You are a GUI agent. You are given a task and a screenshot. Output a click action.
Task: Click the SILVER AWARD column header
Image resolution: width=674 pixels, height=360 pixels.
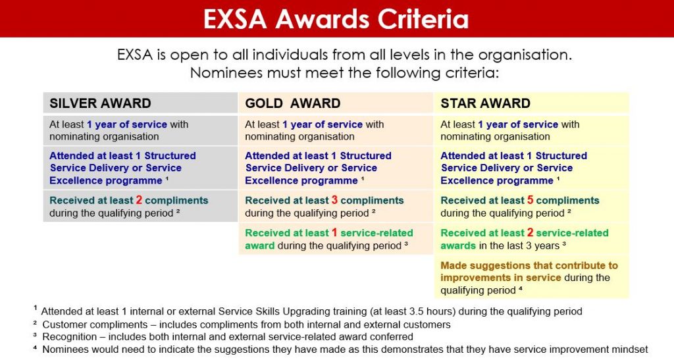[100, 103]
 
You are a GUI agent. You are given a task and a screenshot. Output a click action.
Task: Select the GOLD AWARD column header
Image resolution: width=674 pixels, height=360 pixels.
[292, 103]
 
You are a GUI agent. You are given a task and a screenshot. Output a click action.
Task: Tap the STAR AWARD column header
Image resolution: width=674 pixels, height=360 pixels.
[485, 103]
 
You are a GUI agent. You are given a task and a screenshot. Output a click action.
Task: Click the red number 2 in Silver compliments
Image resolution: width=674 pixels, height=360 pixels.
[139, 200]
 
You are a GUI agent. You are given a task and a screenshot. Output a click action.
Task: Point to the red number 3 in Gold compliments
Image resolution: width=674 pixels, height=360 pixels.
[335, 200]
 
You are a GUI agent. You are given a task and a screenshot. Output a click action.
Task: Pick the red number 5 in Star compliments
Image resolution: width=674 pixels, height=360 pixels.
[531, 200]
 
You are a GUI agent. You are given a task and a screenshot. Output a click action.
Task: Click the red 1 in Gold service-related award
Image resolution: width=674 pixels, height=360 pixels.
[334, 232]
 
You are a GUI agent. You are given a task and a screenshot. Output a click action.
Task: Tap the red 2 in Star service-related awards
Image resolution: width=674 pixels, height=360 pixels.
[531, 232]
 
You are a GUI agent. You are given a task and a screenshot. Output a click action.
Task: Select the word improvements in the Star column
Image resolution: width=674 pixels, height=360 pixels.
[474, 278]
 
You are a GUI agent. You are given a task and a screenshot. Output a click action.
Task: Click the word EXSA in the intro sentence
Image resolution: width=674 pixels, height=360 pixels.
[135, 55]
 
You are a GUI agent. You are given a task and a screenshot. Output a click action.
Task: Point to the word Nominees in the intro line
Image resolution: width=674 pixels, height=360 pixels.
[222, 72]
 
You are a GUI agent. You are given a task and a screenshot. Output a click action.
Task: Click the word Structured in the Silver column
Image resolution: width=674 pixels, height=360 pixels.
[169, 156]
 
